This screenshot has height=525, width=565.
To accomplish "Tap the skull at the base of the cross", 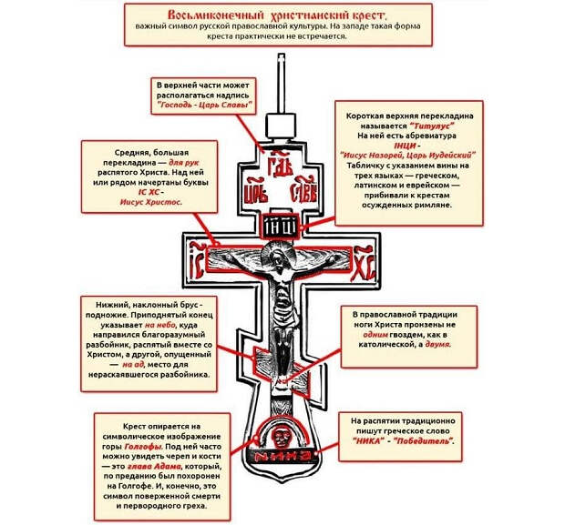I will pyautogui.click(x=282, y=433).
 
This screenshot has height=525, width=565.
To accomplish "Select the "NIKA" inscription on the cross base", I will pyautogui.click(x=282, y=454).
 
